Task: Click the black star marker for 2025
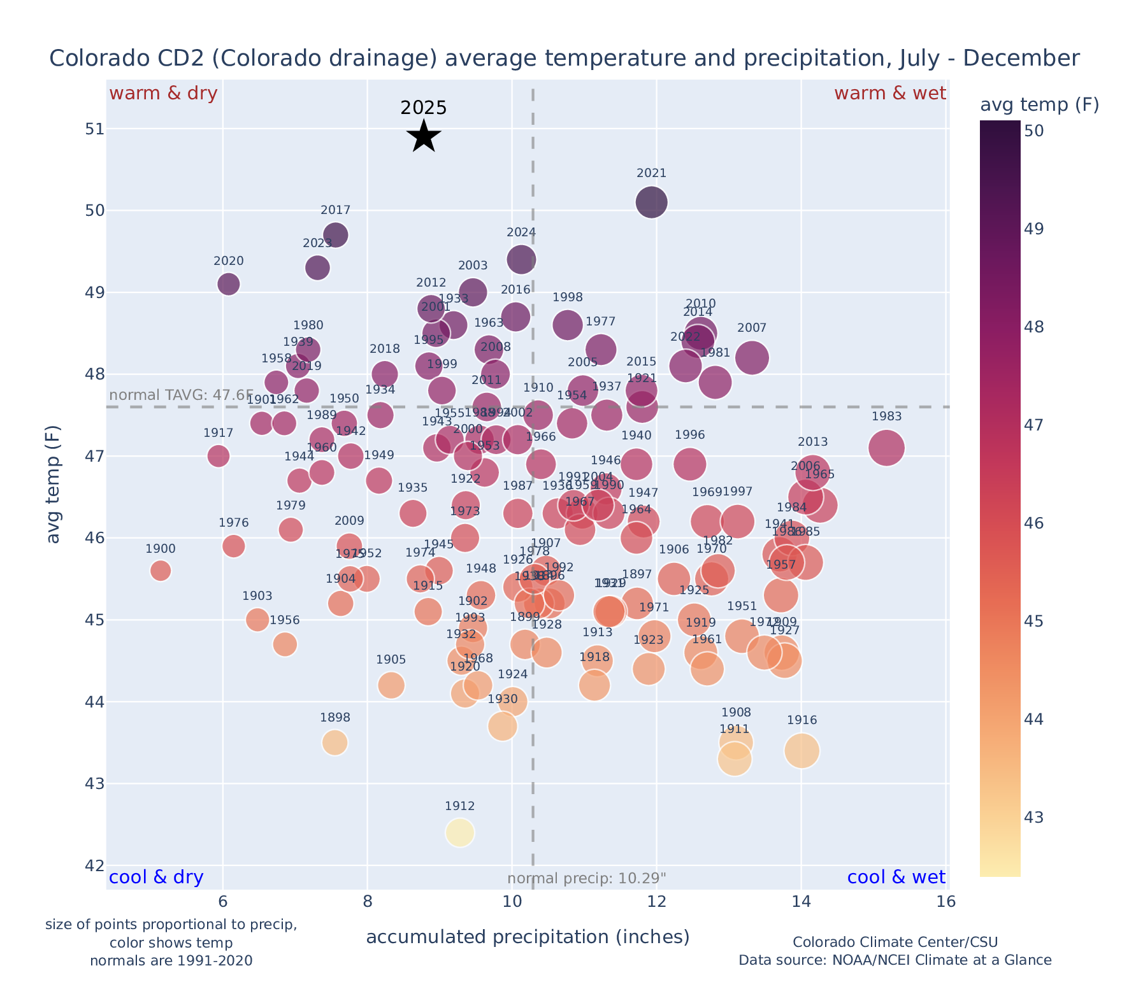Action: [x=424, y=136]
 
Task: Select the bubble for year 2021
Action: [x=651, y=203]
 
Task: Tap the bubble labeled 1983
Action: [x=886, y=448]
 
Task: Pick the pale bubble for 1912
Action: [x=460, y=832]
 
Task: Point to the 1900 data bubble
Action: [x=161, y=571]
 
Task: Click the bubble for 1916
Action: [x=802, y=751]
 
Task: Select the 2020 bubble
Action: [x=229, y=284]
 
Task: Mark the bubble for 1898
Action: [x=334, y=743]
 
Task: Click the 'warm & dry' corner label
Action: [x=163, y=94]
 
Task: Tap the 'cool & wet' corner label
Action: [x=896, y=878]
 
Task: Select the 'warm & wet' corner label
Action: [x=889, y=94]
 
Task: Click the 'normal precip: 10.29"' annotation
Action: [x=586, y=879]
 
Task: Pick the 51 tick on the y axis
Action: [x=94, y=129]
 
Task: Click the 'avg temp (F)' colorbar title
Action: [x=1039, y=105]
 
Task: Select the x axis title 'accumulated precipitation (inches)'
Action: [x=528, y=937]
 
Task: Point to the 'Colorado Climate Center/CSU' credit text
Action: [x=895, y=943]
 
